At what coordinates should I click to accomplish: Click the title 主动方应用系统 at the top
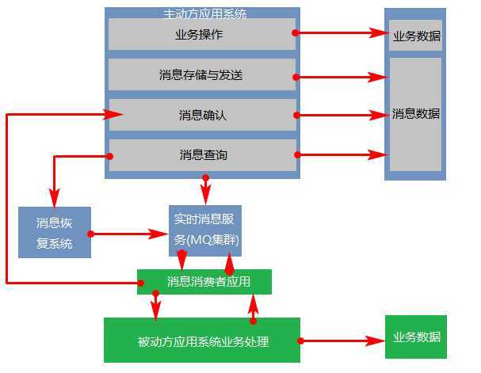(x=204, y=13)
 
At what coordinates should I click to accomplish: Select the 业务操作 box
(x=201, y=35)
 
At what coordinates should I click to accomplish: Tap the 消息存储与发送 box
(x=201, y=75)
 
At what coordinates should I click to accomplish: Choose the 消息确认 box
(x=203, y=116)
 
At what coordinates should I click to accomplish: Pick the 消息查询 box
(x=203, y=155)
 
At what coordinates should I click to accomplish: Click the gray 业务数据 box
(x=416, y=36)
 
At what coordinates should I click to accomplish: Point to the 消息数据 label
(x=416, y=114)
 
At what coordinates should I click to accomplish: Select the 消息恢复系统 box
(x=55, y=233)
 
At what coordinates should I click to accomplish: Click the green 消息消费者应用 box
(x=204, y=282)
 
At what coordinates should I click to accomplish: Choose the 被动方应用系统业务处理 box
(x=202, y=341)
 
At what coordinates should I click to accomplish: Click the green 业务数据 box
(x=416, y=337)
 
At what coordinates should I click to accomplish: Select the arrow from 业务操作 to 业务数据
(x=341, y=33)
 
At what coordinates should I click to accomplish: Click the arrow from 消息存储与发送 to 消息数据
(x=341, y=77)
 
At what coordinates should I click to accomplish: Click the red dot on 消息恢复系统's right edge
(x=91, y=234)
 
